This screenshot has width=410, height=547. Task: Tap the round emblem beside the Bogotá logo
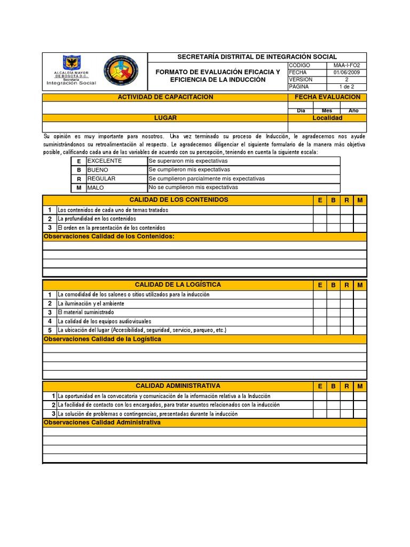point(120,72)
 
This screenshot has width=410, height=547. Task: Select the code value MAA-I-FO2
point(346,65)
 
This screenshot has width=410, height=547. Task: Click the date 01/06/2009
point(346,72)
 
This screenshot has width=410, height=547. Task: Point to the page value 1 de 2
point(346,87)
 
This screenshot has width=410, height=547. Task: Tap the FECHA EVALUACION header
point(327,97)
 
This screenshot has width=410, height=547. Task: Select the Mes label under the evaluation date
point(327,111)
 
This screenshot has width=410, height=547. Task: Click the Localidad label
point(327,118)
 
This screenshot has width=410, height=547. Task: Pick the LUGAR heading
point(165,118)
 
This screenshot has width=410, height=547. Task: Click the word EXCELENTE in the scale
point(105,161)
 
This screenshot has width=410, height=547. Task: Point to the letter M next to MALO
point(79,188)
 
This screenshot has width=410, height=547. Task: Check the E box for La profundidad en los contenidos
point(320,218)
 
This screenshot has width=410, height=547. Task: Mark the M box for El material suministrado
point(360,312)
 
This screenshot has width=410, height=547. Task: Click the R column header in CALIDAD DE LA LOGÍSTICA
point(346,285)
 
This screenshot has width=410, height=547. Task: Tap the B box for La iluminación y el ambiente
point(333,303)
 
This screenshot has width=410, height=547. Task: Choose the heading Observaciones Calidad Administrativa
point(102,423)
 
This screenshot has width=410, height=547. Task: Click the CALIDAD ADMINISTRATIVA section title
point(178,386)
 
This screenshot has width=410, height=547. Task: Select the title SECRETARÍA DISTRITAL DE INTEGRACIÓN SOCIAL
point(257,57)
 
